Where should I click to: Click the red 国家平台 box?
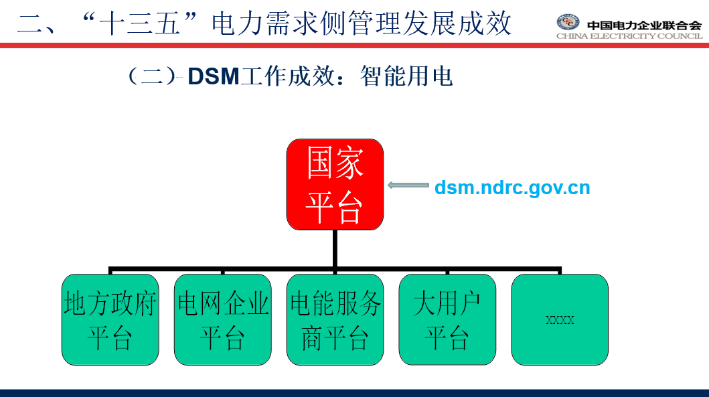(x=335, y=185)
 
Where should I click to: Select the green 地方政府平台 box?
(x=110, y=320)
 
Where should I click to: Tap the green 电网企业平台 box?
(x=223, y=320)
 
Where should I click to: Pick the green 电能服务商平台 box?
(x=335, y=320)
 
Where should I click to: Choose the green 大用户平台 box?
(x=447, y=320)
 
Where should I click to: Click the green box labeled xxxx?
(x=560, y=320)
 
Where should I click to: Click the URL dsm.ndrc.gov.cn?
(x=512, y=187)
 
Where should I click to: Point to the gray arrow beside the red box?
(x=408, y=185)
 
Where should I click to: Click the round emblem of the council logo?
(x=568, y=22)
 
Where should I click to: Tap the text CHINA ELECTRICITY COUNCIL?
(x=629, y=36)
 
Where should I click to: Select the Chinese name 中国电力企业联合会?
(x=644, y=25)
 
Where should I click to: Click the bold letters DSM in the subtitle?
(x=214, y=76)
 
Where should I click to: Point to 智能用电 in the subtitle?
(x=406, y=76)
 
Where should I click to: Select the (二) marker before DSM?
(x=152, y=76)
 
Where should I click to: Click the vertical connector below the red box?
(x=335, y=248)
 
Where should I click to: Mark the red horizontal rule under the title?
(x=355, y=46)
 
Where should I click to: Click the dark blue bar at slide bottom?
(x=355, y=393)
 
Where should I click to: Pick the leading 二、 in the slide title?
(x=37, y=24)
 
